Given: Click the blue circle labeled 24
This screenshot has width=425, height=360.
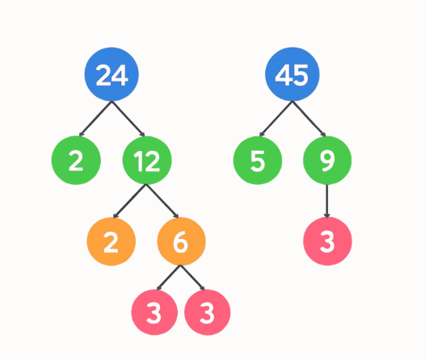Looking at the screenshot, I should click(x=112, y=75).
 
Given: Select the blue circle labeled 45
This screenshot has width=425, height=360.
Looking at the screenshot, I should click(x=293, y=75).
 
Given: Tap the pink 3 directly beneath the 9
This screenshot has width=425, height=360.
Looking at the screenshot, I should click(x=327, y=241).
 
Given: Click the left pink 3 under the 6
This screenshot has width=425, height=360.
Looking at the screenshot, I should click(x=157, y=312).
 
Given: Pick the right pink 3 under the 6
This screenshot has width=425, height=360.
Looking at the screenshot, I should click(x=207, y=312).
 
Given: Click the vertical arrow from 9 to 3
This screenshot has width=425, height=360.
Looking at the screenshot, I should click(x=327, y=201).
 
